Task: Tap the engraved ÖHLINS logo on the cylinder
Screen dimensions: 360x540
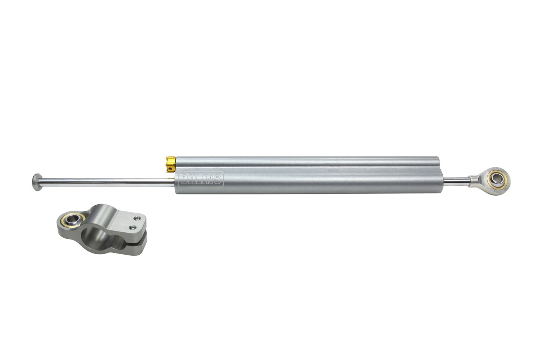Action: tap(201, 179)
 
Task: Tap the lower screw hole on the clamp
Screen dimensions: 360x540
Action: tap(133, 227)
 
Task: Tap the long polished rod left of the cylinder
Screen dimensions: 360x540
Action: tap(106, 181)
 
